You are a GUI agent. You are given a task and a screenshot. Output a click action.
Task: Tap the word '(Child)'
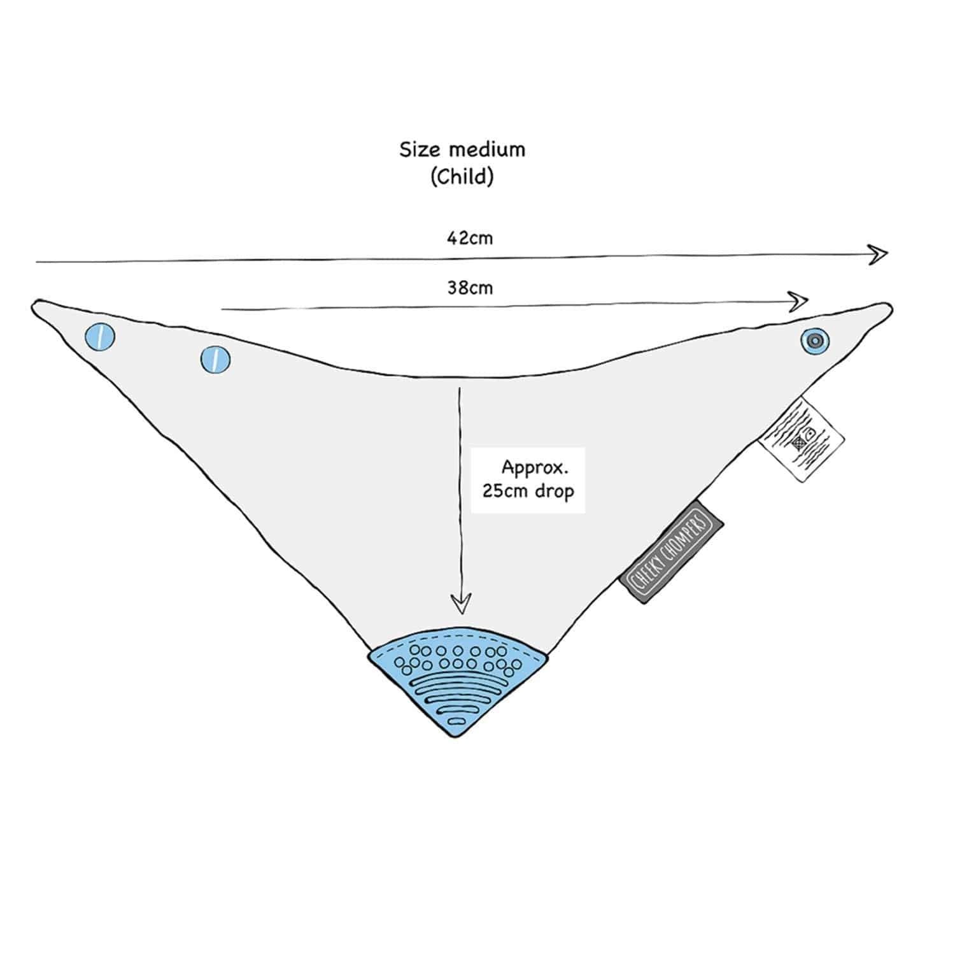tap(462, 176)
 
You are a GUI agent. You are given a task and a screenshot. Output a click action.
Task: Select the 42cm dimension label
tap(469, 238)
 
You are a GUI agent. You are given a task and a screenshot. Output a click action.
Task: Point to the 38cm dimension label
tap(469, 288)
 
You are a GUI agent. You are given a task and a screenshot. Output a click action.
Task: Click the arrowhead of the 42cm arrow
tap(880, 255)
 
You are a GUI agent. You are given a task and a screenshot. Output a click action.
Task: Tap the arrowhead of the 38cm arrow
tap(800, 301)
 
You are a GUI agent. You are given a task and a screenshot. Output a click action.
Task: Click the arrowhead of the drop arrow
tap(461, 604)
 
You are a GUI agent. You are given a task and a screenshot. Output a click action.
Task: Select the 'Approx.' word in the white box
tap(534, 468)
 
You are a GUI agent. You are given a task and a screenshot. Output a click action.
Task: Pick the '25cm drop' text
tap(528, 492)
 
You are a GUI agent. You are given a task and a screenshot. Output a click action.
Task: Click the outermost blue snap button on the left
tap(100, 336)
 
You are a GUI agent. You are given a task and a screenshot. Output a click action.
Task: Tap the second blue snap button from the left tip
tap(215, 360)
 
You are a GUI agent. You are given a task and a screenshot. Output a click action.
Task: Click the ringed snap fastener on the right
tap(815, 341)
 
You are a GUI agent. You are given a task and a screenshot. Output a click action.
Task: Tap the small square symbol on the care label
tap(799, 441)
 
